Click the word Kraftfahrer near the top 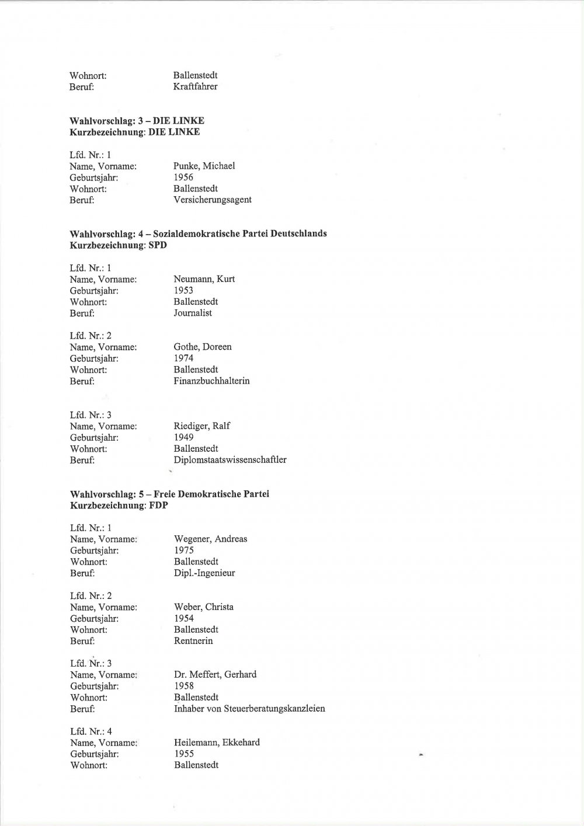click(x=195, y=87)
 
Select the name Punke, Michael click(x=204, y=166)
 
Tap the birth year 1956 click(x=183, y=177)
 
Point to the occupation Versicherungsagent click(x=213, y=200)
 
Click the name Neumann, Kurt click(x=204, y=279)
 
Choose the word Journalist click(x=193, y=313)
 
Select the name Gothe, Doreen click(x=202, y=347)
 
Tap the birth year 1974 click(x=183, y=358)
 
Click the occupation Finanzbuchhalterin click(x=211, y=381)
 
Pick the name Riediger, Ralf click(x=202, y=426)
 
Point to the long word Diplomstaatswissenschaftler click(x=230, y=460)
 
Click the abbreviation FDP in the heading click(x=158, y=506)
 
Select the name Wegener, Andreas click(x=210, y=539)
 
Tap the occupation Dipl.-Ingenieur click(x=204, y=573)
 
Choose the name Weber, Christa click(x=203, y=607)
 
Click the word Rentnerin click(x=193, y=641)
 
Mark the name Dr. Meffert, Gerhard click(x=215, y=675)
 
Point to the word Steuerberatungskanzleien click(x=277, y=709)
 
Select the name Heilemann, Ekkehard click(x=217, y=743)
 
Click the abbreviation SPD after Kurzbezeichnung click(x=158, y=245)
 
